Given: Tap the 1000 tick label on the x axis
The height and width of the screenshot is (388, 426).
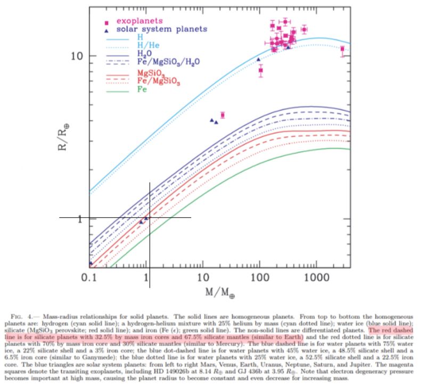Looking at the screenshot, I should click(x=316, y=277).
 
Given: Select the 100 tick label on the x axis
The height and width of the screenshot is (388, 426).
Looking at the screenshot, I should click(x=259, y=277).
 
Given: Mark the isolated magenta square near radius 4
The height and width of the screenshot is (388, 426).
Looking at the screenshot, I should click(x=223, y=115).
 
